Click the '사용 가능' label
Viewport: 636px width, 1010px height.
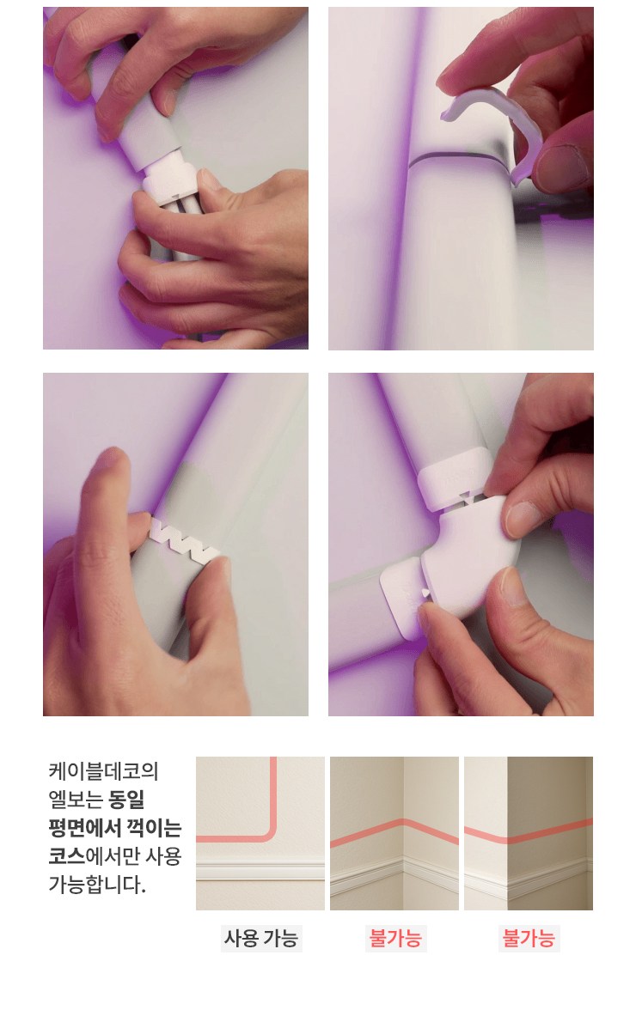tap(261, 937)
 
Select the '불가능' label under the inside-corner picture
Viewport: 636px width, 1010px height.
tap(395, 937)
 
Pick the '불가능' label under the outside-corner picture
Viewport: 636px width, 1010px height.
tap(529, 937)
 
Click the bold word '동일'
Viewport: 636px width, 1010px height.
tap(127, 800)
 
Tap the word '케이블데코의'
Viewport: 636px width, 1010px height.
tap(103, 771)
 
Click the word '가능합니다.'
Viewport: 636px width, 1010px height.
tap(97, 885)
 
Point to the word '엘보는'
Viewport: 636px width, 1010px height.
tap(76, 800)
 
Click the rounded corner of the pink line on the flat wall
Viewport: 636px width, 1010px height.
tap(269, 833)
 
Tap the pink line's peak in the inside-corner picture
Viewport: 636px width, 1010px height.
tap(403, 822)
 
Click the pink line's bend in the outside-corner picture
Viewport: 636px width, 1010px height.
tap(508, 838)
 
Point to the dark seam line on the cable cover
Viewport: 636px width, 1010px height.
tap(456, 156)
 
